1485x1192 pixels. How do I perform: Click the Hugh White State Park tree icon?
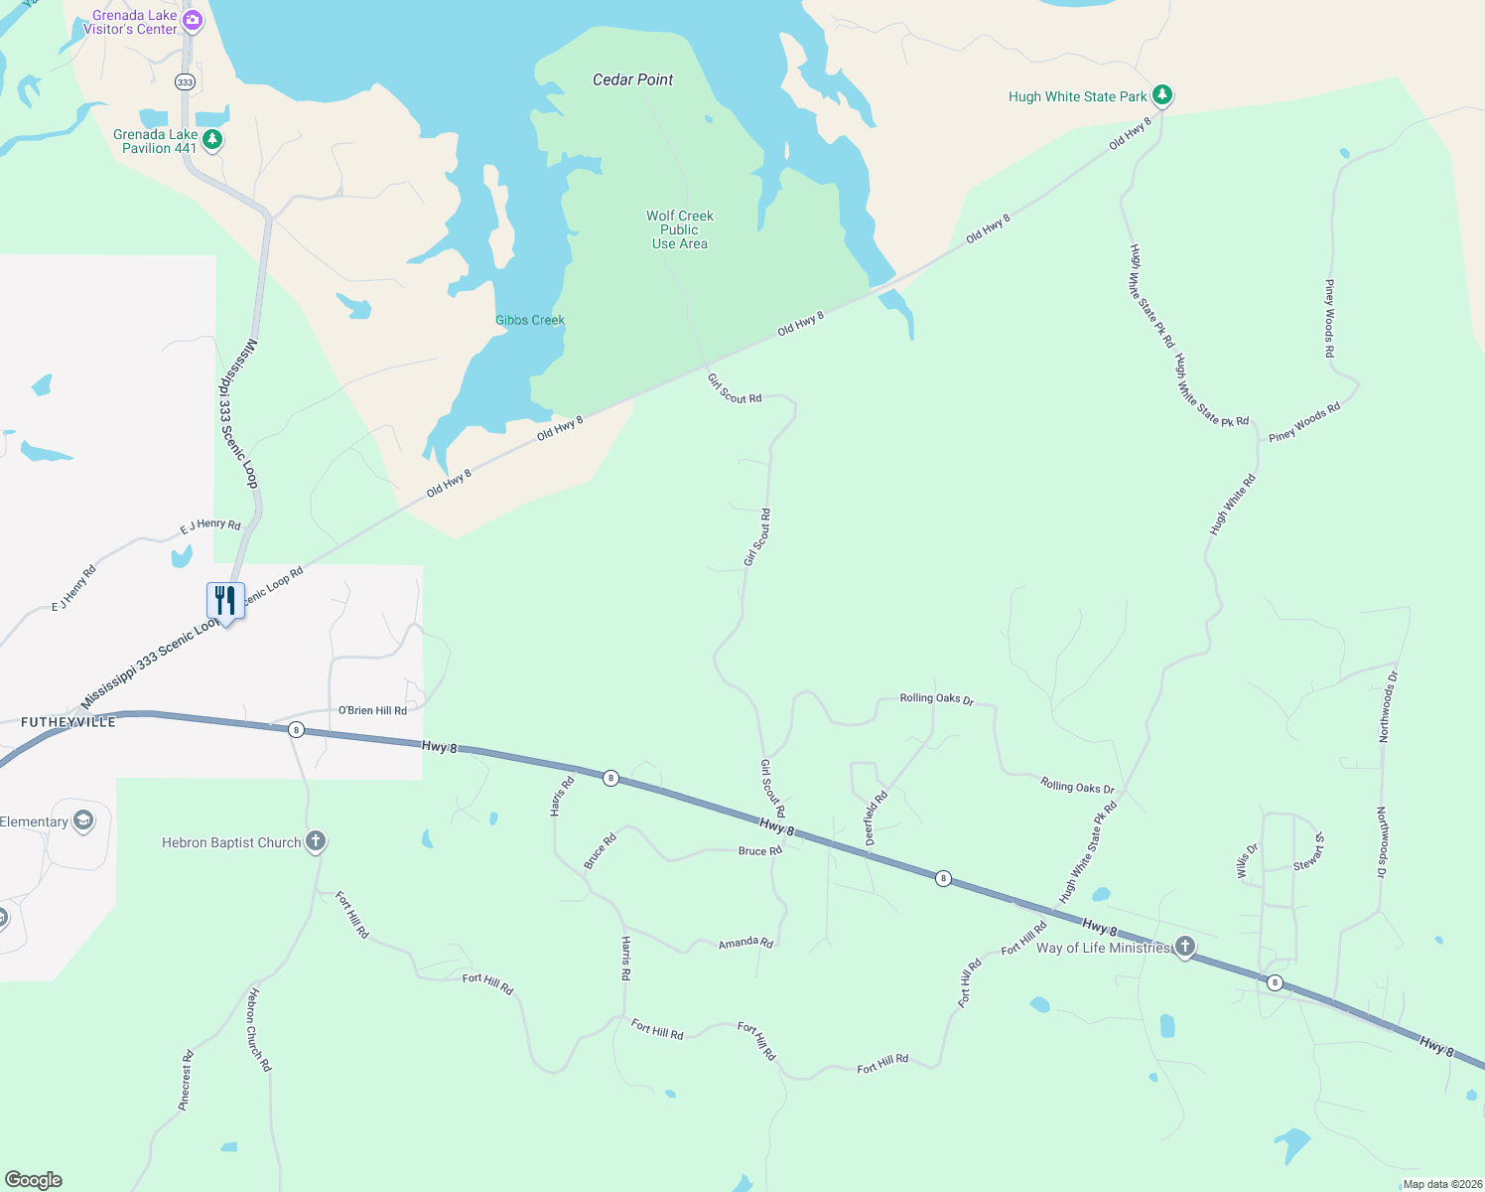pos(1162,95)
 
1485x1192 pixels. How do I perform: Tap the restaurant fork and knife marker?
pos(225,601)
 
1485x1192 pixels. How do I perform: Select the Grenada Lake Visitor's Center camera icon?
pos(193,20)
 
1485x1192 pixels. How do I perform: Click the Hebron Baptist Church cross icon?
pos(316,841)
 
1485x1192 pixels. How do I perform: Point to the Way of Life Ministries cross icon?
pos(1184,947)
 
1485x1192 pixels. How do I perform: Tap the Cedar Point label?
pos(632,79)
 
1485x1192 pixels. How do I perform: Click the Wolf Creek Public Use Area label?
pos(680,229)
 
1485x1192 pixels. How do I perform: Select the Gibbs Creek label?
pos(530,320)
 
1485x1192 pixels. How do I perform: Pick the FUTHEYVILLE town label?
pos(68,722)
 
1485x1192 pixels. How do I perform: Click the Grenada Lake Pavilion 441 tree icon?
pos(212,140)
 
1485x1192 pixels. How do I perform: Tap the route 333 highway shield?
pos(185,81)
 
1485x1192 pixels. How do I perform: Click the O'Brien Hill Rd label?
pos(372,710)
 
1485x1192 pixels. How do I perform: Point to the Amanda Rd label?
pos(745,943)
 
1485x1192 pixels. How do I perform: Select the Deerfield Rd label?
pos(876,818)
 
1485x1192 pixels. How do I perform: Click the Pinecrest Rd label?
pos(186,1080)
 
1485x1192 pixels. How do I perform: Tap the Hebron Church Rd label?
pos(258,1029)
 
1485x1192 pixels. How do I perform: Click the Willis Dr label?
pos(1247,861)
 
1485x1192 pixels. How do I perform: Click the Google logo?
pos(34,1180)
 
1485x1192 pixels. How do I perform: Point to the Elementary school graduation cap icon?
pos(83,820)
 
